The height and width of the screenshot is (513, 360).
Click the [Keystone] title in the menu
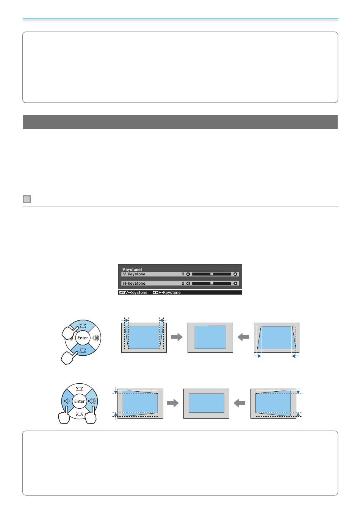click(132, 269)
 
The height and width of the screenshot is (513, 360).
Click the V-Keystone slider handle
click(212, 274)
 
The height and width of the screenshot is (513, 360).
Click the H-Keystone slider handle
click(212, 283)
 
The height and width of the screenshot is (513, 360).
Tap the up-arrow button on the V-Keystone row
click(235, 274)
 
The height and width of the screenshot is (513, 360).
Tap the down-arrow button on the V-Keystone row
click(188, 274)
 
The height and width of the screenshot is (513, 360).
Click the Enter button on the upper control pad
click(83, 338)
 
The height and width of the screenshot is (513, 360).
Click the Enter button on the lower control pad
click(80, 401)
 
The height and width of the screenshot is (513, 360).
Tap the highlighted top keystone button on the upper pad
click(83, 326)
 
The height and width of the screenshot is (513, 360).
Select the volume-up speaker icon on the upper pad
click(94, 338)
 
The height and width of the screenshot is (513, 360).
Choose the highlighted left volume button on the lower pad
click(67, 401)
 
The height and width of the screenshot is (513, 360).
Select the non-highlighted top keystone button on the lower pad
click(80, 389)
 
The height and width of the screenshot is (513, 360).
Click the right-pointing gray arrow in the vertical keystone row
click(177, 337)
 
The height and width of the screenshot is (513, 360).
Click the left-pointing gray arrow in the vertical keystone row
click(243, 337)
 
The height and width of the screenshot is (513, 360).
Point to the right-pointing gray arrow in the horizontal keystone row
click(173, 403)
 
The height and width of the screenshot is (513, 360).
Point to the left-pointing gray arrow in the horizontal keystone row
click(239, 403)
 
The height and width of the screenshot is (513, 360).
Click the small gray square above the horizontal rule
click(27, 199)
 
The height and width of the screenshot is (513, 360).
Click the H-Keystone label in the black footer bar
click(167, 293)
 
